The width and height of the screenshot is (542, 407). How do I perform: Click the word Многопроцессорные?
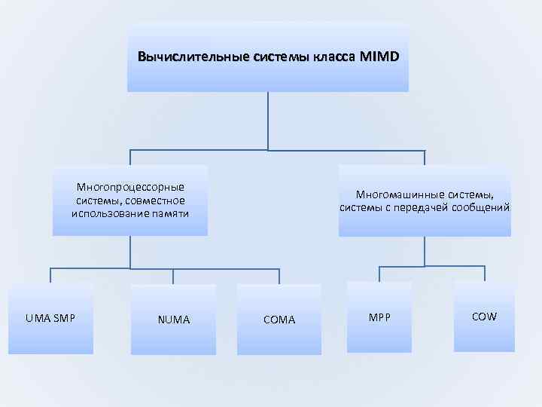tap(130, 187)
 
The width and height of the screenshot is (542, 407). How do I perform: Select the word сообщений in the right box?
tap(480, 207)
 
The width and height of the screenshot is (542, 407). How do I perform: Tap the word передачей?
tap(422, 207)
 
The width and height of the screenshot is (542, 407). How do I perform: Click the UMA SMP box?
tap(50, 318)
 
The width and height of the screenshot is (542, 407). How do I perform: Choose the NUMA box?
tap(173, 320)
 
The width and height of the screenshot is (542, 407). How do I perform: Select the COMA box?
tap(279, 320)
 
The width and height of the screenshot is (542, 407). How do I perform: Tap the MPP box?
tap(379, 317)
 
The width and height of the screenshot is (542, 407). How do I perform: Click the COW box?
tap(484, 317)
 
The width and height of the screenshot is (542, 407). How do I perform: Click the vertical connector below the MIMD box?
tap(268, 121)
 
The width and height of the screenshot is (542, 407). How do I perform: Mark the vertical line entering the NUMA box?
tap(173, 276)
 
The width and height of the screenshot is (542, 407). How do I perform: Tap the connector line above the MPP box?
tap(379, 274)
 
